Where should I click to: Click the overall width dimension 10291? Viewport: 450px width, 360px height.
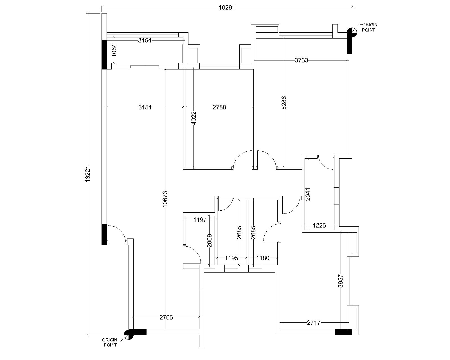pyautogui.click(x=227, y=8)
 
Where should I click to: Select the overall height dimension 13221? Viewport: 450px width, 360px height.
pyautogui.click(x=88, y=174)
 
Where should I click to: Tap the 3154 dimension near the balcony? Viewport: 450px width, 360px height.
pyautogui.click(x=145, y=40)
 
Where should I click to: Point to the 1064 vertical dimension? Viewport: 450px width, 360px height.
pyautogui.click(x=114, y=50)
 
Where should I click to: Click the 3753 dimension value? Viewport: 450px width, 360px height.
pyautogui.click(x=301, y=60)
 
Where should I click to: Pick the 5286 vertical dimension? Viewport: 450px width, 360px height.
pyautogui.click(x=284, y=103)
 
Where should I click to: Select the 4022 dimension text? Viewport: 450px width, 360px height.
pyautogui.click(x=194, y=118)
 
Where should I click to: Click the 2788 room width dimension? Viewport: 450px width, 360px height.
pyautogui.click(x=219, y=107)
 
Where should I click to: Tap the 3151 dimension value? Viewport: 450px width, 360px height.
pyautogui.click(x=145, y=107)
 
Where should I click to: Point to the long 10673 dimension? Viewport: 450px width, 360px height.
pyautogui.click(x=165, y=199)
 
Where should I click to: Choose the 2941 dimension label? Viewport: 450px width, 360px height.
pyautogui.click(x=308, y=194)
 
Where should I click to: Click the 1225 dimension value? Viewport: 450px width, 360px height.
pyautogui.click(x=319, y=226)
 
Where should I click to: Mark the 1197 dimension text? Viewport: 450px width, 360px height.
pyautogui.click(x=200, y=220)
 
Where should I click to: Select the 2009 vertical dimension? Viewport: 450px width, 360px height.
pyautogui.click(x=209, y=241)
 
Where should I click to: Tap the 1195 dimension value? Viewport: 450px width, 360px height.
pyautogui.click(x=231, y=258)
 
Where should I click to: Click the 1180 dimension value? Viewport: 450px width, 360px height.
pyautogui.click(x=263, y=258)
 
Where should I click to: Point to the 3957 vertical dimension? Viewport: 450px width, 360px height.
pyautogui.click(x=341, y=281)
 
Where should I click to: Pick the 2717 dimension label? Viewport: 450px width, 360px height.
pyautogui.click(x=314, y=323)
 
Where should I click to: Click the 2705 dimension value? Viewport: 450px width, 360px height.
pyautogui.click(x=166, y=317)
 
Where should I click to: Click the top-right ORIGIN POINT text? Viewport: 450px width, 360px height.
pyautogui.click(x=370, y=27)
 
